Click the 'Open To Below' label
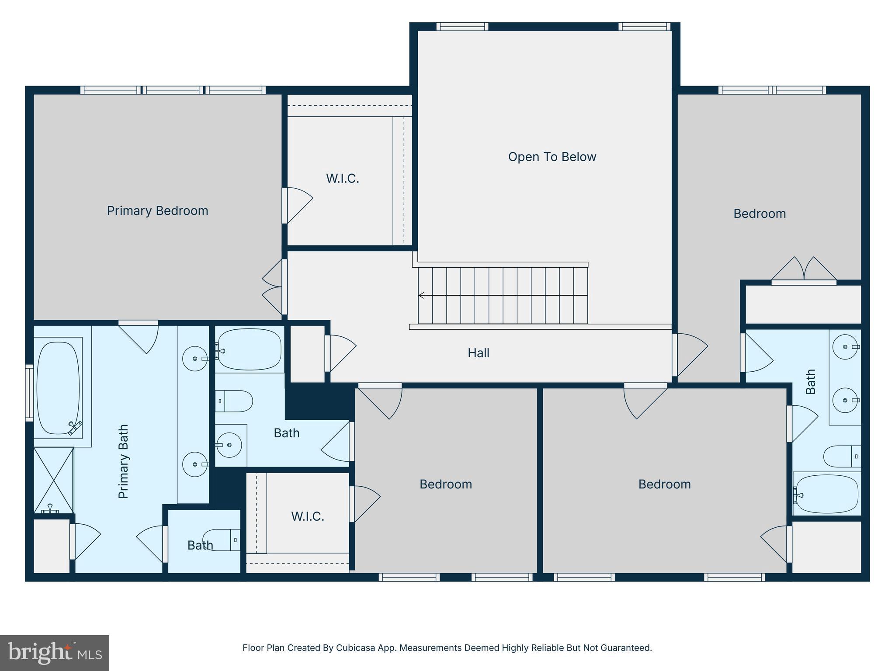pyautogui.click(x=552, y=157)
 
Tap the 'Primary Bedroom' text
pyautogui.click(x=157, y=211)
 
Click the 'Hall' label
pyautogui.click(x=478, y=353)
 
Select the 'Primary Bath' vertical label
pyautogui.click(x=124, y=461)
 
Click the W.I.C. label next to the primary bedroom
pyautogui.click(x=342, y=178)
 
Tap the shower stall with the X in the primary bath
pyautogui.click(x=53, y=480)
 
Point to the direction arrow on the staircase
pyautogui.click(x=421, y=295)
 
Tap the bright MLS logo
pyautogui.click(x=54, y=653)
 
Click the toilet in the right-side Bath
pyautogui.click(x=841, y=457)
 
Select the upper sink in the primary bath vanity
pyautogui.click(x=194, y=359)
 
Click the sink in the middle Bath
pyautogui.click(x=229, y=445)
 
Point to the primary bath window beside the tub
pyautogui.click(x=29, y=393)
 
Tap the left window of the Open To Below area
pyautogui.click(x=462, y=27)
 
